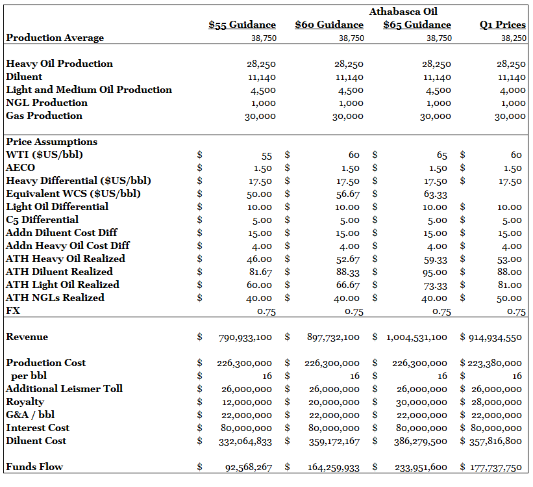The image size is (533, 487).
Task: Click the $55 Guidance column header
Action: pos(242,25)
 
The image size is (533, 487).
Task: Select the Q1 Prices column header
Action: pos(502,25)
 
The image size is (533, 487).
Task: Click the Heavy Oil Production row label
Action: pos(59,64)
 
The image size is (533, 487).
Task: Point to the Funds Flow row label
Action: pos(34,467)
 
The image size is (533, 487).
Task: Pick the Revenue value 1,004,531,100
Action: pos(417,337)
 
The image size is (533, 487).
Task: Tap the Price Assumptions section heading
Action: pos(51,142)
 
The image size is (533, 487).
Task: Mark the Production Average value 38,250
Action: pos(513,38)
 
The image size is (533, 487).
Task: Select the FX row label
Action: pos(13,311)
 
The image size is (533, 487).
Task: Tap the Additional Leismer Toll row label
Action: pos(64,389)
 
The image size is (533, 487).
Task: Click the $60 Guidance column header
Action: pos(328,25)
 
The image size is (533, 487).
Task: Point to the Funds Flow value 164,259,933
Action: pos(334,467)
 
